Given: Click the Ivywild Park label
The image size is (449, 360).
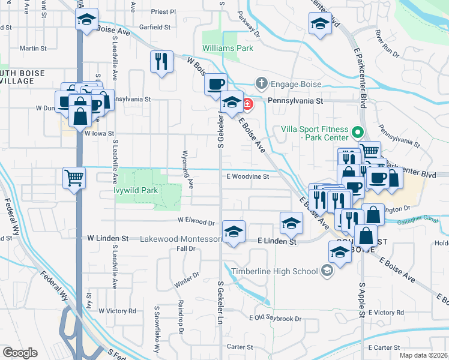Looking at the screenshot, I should (136, 191).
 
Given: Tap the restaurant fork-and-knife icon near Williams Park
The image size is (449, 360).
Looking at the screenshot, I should (161, 62).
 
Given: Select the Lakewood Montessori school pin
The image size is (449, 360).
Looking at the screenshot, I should (234, 231).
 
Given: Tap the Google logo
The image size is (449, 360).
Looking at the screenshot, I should (20, 353).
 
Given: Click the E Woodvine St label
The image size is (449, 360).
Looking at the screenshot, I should (247, 176).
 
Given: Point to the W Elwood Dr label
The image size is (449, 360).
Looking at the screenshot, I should (196, 222).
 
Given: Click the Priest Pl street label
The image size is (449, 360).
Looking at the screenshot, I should (164, 11).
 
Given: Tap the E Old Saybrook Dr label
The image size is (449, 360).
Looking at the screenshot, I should (275, 317).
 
